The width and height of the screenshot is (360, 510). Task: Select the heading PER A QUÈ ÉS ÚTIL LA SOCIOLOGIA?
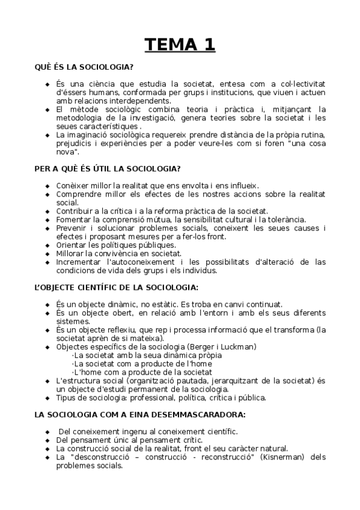[x=108, y=169]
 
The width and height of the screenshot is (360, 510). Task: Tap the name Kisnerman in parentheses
[x=275, y=457]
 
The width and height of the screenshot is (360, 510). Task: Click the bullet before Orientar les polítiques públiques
[x=47, y=245]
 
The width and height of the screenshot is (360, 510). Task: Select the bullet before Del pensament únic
[x=47, y=440]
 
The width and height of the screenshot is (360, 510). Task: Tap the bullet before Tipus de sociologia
[x=47, y=398]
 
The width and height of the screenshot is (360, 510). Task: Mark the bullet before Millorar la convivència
[x=47, y=254]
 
